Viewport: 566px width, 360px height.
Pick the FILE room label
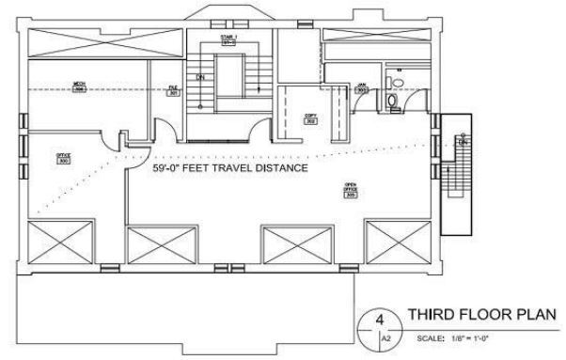coord(173,90)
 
